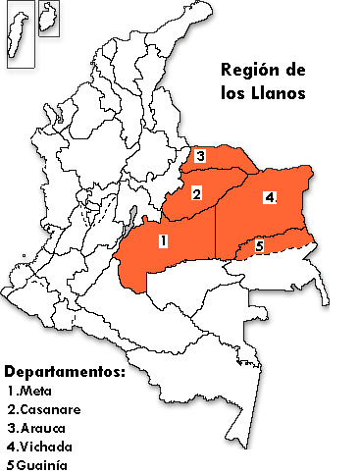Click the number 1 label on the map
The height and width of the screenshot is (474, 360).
(x=164, y=239)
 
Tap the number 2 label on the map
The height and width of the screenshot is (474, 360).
(x=196, y=194)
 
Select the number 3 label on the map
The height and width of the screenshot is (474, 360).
(x=199, y=157)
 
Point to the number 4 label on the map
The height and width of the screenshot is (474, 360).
(x=270, y=197)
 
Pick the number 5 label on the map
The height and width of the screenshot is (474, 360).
(x=260, y=246)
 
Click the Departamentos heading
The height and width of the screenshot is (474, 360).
(x=65, y=374)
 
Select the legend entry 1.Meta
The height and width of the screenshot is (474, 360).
(x=30, y=392)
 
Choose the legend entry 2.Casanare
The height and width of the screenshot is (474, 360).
(x=43, y=409)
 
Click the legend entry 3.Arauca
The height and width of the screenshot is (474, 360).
(x=37, y=428)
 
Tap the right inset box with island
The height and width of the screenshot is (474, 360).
(x=49, y=19)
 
